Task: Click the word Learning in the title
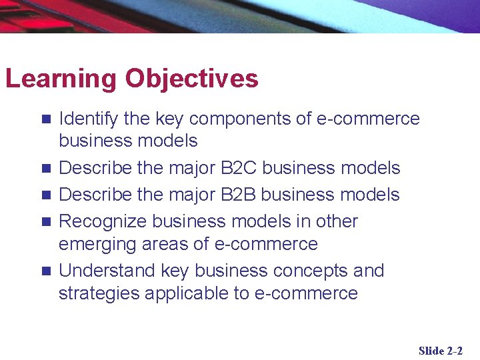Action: (61, 79)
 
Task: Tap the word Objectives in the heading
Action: (191, 79)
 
